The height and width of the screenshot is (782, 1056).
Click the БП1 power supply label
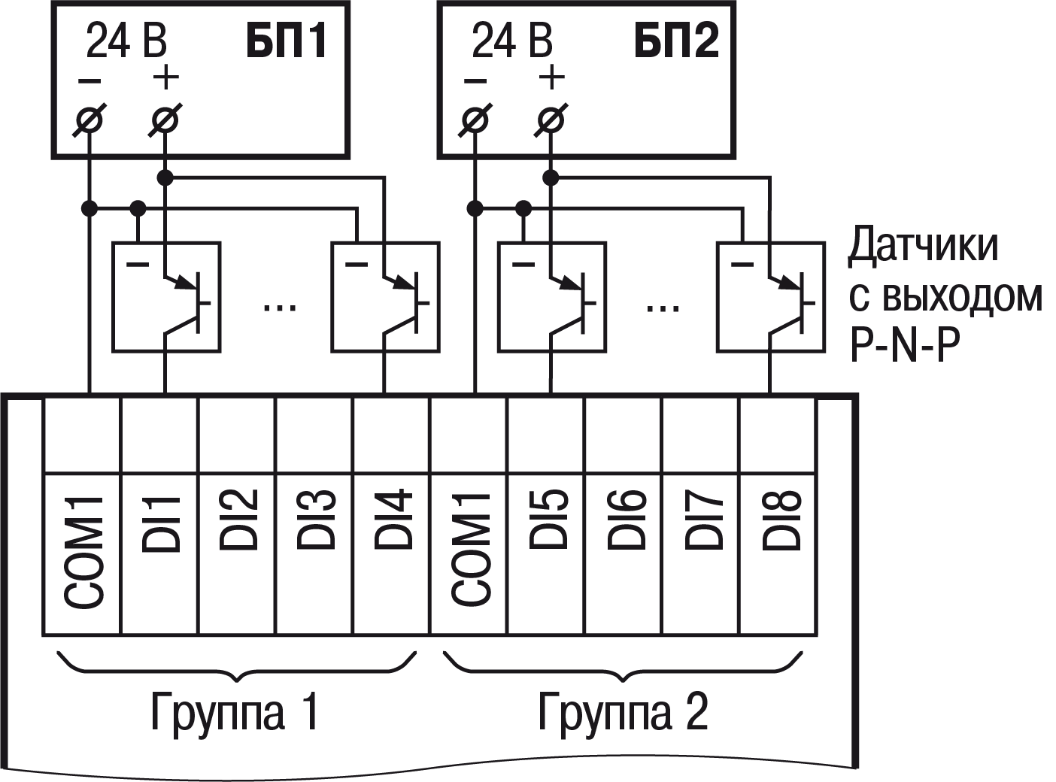click(x=287, y=41)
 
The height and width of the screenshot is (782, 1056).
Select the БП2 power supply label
click(x=676, y=41)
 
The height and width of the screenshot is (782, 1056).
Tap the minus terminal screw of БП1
click(x=90, y=120)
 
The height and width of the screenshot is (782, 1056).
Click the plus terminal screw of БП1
click(x=165, y=120)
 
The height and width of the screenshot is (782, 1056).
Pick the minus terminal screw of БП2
click(x=475, y=120)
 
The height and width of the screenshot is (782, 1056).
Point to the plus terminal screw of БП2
click(x=551, y=120)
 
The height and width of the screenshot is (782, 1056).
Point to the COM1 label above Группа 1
click(x=83, y=550)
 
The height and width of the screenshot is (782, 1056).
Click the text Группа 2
click(x=623, y=711)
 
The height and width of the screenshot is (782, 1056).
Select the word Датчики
click(x=924, y=246)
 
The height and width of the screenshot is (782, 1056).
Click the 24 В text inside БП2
click(x=511, y=41)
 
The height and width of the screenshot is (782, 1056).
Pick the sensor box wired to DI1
click(x=166, y=296)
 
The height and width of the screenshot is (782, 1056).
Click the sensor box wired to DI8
click(x=771, y=296)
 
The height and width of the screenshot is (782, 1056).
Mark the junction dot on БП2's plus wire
click(x=551, y=177)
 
